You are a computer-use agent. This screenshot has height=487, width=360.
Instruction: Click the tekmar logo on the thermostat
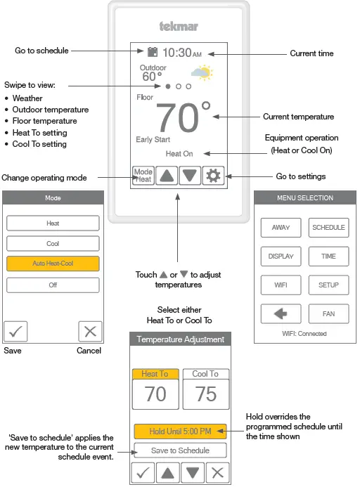click(x=178, y=27)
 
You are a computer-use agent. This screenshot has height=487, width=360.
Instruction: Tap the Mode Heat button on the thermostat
click(x=143, y=176)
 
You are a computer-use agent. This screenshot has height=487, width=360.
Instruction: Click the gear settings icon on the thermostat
click(x=212, y=176)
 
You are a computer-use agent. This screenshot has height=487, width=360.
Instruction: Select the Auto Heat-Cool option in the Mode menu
click(x=53, y=264)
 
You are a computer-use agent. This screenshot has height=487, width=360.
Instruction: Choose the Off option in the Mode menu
click(x=53, y=285)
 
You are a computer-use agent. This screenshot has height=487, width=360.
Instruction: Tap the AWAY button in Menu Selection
click(x=280, y=228)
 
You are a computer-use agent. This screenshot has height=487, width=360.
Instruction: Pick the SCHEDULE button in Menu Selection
click(x=328, y=228)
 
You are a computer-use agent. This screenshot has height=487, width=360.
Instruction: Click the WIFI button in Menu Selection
click(x=280, y=285)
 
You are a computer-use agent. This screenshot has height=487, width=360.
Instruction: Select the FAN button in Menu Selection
click(x=328, y=313)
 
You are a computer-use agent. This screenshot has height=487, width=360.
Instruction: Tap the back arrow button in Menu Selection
click(x=280, y=313)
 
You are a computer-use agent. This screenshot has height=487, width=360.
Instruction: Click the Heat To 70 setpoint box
click(x=155, y=389)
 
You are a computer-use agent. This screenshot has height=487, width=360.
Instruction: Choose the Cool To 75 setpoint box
click(x=205, y=389)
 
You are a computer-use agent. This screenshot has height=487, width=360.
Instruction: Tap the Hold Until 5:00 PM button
click(x=181, y=431)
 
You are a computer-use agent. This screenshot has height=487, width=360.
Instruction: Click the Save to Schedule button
click(x=181, y=450)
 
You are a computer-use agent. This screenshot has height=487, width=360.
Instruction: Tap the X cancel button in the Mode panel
click(x=90, y=331)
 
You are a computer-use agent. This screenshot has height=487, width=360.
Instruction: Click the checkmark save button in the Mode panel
click(x=15, y=331)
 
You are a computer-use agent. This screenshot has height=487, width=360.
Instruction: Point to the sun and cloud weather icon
click(x=202, y=72)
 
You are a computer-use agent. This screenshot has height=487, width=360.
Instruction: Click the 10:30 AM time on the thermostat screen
click(x=181, y=53)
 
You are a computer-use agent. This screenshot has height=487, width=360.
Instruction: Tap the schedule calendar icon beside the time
click(x=152, y=52)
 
